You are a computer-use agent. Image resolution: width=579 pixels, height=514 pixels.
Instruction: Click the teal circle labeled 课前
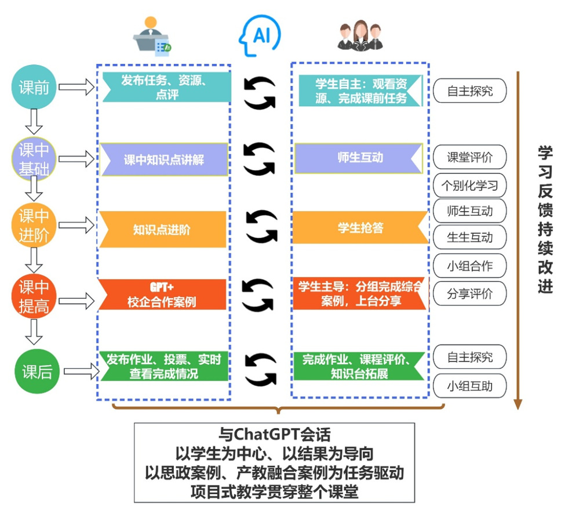[x=34, y=88]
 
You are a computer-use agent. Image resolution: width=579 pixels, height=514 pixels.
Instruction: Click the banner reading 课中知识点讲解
[x=164, y=159]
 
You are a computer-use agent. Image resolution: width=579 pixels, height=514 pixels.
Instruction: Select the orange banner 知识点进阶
[x=162, y=230]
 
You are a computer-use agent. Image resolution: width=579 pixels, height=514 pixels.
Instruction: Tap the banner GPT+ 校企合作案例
[x=162, y=295]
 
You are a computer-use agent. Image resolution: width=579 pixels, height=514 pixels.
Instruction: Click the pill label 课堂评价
[x=469, y=157]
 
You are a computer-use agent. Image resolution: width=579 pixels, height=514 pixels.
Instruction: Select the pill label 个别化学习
[x=469, y=186]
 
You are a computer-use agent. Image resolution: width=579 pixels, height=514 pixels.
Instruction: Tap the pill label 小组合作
[x=469, y=266]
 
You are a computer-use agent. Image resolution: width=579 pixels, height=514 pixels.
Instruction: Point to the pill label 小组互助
[x=469, y=386]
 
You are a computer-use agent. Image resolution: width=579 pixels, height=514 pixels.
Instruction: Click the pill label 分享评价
[x=469, y=293]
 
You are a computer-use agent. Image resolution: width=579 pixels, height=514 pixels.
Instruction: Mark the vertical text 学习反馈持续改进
[x=545, y=219]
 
